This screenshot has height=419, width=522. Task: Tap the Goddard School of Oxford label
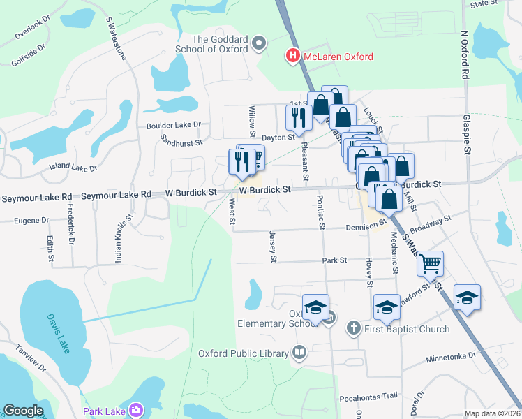[220, 44]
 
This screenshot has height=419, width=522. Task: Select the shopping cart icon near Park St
[431, 263]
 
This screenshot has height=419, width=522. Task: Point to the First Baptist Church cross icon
[354, 328]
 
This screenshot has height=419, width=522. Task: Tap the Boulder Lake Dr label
[173, 125]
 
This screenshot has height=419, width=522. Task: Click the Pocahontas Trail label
[368, 396]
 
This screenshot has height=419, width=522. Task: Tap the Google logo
[23, 411]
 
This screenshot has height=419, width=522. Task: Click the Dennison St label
[366, 226]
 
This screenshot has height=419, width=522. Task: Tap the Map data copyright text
[493, 413]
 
